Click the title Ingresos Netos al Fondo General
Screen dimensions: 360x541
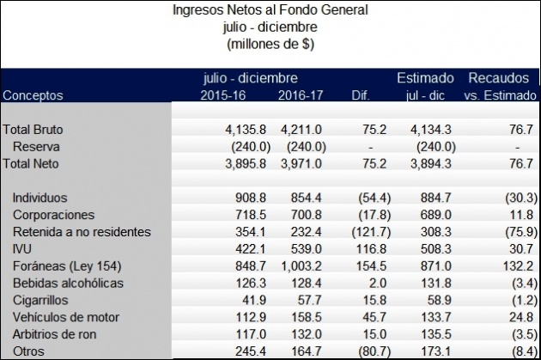pyautogui.click(x=270, y=10)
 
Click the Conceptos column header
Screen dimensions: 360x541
pyautogui.click(x=33, y=96)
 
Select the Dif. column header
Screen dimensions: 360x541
pyautogui.click(x=364, y=96)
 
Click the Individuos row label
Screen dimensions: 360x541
pyautogui.click(x=40, y=197)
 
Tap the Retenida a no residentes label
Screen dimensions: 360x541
pyautogui.click(x=82, y=231)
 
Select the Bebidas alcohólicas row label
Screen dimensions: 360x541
pyautogui.click(x=68, y=283)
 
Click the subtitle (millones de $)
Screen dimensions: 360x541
pyautogui.click(x=270, y=41)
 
